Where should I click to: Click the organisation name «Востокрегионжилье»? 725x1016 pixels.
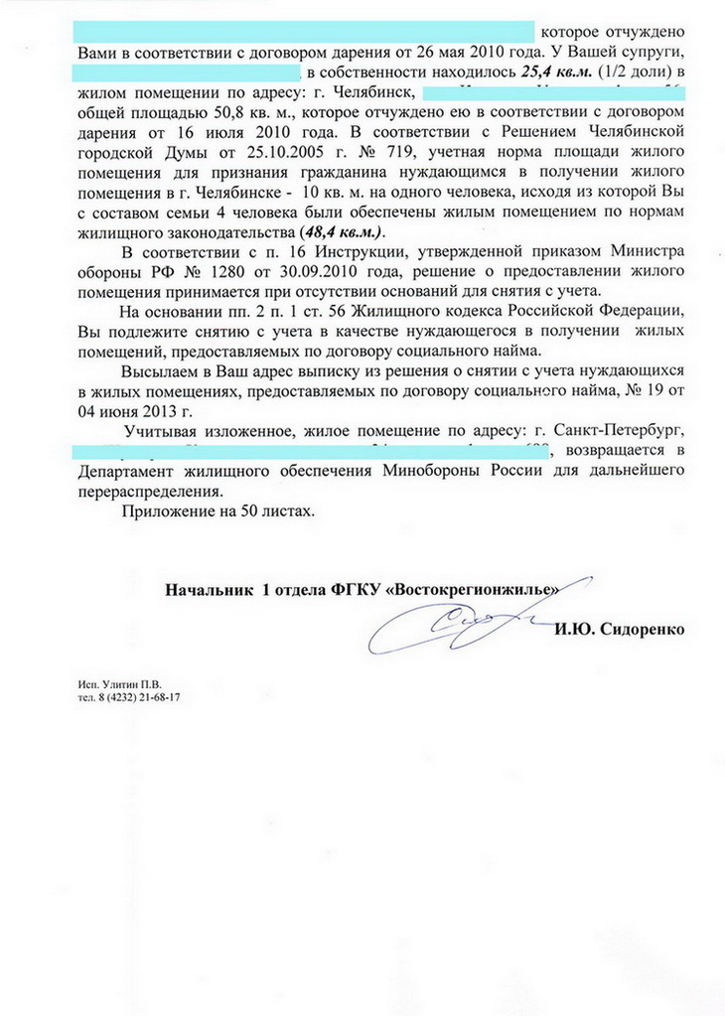(476, 589)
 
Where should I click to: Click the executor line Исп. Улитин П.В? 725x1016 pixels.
(118, 685)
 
